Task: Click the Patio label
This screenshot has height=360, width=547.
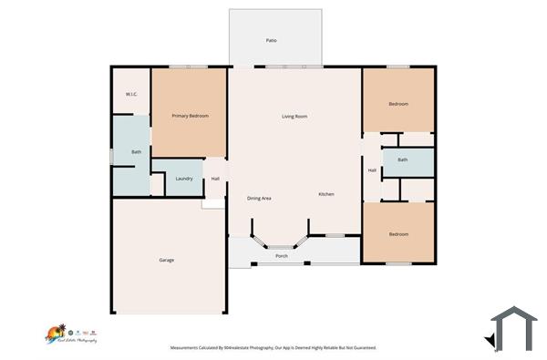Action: tap(271, 41)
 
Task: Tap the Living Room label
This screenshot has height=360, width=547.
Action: tap(294, 117)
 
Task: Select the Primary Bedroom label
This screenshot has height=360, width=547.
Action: tap(191, 116)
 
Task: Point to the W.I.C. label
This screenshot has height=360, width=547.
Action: tap(131, 95)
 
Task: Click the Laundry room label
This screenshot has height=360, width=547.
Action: tap(183, 179)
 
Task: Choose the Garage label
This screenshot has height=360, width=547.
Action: tap(167, 260)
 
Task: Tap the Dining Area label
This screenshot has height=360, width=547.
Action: tap(260, 198)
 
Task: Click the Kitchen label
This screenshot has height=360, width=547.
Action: tap(326, 195)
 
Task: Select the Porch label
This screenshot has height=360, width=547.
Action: tap(282, 256)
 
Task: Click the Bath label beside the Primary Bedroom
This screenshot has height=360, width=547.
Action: tap(137, 152)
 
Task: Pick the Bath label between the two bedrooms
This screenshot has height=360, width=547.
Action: tap(402, 160)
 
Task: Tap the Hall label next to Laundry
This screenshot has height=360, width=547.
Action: tap(215, 179)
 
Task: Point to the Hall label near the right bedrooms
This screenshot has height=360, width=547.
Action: tap(372, 170)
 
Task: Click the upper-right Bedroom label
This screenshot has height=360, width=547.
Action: tap(398, 104)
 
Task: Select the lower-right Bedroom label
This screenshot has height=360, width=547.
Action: tap(398, 234)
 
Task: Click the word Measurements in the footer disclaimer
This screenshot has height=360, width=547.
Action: tap(190, 347)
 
